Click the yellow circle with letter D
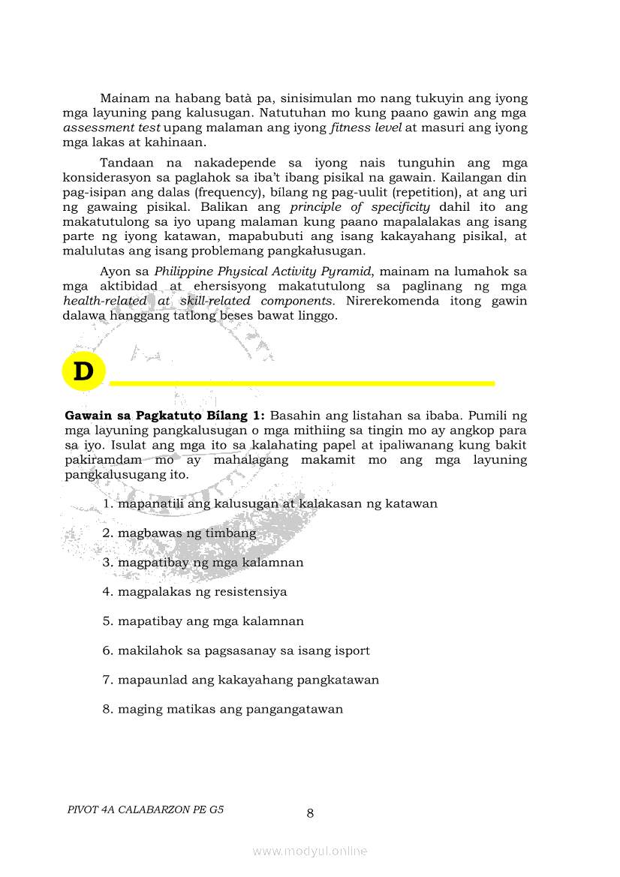83,371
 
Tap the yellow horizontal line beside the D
302,383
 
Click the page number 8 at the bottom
310,813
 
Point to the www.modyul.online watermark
310,851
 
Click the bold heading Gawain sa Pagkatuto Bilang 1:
165,415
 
